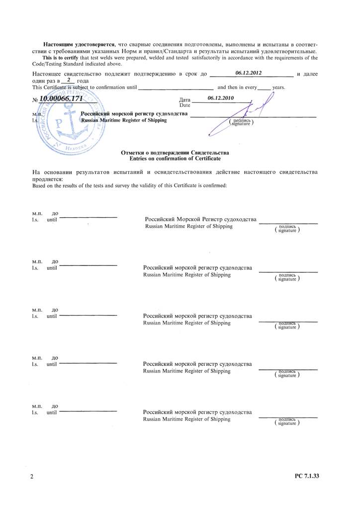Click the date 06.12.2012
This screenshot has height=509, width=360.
point(249,73)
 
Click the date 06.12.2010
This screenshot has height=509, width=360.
point(221,97)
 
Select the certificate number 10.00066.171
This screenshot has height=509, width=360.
point(61,99)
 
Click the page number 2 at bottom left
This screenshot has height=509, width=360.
point(32,477)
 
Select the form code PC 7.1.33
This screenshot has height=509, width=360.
point(306,476)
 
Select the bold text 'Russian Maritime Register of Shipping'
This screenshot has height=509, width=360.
point(124,120)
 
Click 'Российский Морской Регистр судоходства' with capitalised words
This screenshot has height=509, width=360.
point(200,220)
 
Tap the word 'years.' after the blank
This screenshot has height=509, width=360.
point(278,87)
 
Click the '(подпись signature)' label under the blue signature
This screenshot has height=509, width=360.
point(241,122)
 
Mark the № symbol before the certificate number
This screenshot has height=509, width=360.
point(35,100)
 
